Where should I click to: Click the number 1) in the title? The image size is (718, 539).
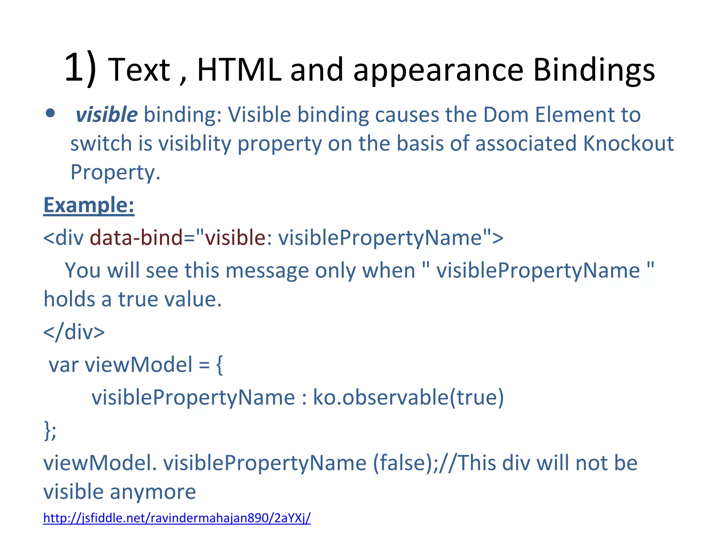coord(80,67)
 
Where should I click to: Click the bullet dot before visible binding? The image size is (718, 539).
coord(50,113)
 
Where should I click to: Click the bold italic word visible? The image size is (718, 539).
coord(107,115)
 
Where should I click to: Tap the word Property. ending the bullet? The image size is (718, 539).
coord(115,173)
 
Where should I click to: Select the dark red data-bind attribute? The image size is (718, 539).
coord(136,238)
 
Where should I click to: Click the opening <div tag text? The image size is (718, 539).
coord(63,238)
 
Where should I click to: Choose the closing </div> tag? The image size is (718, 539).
coord(74,332)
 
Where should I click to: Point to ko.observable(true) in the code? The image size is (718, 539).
coord(408,398)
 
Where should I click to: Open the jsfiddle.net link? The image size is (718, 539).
coord(177,518)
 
